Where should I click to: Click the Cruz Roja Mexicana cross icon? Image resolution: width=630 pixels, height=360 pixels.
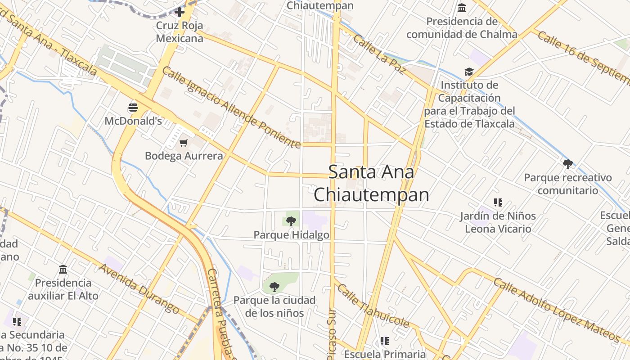(x=180, y=12)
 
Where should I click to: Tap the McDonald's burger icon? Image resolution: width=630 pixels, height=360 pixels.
(x=133, y=107)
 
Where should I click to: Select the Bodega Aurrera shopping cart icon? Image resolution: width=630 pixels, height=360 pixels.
(x=183, y=143)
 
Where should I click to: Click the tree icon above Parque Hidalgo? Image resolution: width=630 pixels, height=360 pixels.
(x=291, y=221)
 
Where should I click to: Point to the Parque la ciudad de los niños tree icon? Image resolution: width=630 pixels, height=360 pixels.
(x=274, y=287)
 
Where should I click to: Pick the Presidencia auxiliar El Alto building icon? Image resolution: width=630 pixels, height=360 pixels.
(x=63, y=269)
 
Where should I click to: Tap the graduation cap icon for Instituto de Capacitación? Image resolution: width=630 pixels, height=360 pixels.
(x=469, y=72)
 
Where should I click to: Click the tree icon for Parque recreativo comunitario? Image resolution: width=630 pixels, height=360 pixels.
(x=568, y=164)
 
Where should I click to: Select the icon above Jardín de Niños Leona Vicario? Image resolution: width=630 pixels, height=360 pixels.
(x=498, y=202)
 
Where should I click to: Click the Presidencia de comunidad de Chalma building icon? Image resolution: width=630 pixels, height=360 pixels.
(x=462, y=8)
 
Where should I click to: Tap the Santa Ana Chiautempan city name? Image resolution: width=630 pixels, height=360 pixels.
(x=371, y=183)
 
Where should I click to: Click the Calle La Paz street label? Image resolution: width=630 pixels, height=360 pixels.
(x=380, y=54)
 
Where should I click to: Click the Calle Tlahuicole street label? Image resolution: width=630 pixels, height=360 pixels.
(x=373, y=306)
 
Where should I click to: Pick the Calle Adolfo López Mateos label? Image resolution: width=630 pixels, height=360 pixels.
(x=557, y=310)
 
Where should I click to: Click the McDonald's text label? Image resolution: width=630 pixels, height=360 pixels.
(x=133, y=121)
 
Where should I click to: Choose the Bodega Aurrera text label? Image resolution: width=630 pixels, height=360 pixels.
(x=184, y=156)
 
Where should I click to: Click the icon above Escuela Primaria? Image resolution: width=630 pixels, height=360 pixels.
(x=384, y=341)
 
